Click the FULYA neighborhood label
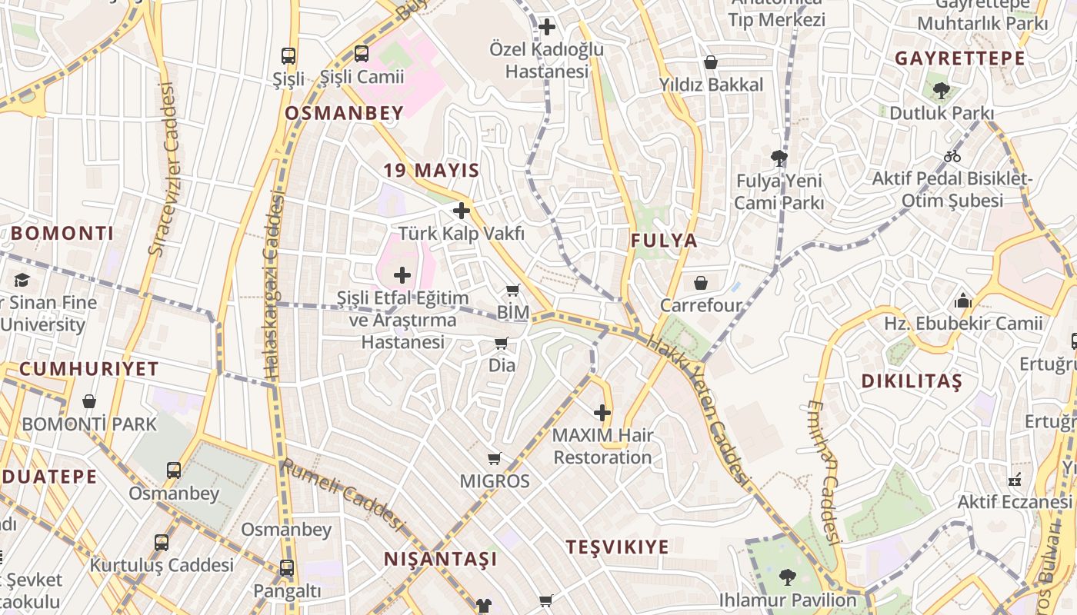pos(664,241)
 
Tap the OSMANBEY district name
pos(344,114)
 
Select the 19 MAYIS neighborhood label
pos(432,171)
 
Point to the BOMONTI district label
pos(62,234)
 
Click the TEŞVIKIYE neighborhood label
pos(618,547)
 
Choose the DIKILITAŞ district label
pos(912,381)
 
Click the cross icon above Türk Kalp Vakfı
pos(462,211)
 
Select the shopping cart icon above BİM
pos(513,291)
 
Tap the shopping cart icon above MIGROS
pos(495,459)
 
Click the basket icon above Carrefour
pos(701,283)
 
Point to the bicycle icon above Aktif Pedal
pos(952,156)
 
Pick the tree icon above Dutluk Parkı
pos(941,91)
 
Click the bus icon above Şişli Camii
pos(362,54)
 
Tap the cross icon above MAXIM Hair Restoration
pos(602,414)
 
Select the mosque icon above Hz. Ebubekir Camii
pos(963,301)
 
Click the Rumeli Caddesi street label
pos(342,496)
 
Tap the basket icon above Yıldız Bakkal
pos(711,62)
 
